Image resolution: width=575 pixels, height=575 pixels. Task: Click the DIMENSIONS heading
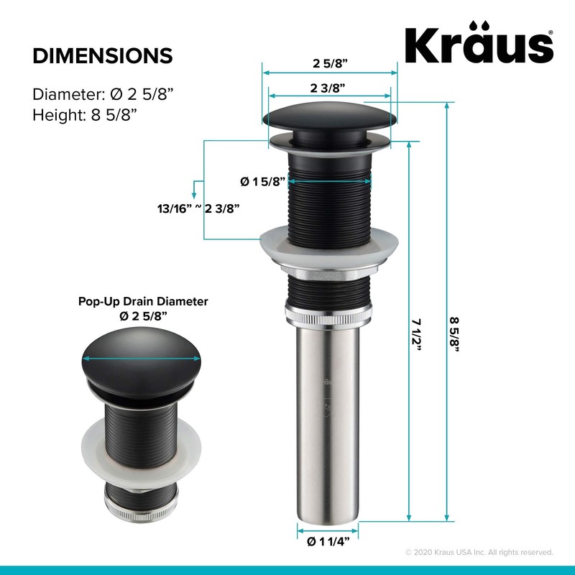pos(102,56)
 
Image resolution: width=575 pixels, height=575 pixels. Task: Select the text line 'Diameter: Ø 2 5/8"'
pos(103,94)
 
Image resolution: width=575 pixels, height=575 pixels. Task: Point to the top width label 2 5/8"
pos(329,63)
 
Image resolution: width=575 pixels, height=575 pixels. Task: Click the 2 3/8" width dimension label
pos(329,88)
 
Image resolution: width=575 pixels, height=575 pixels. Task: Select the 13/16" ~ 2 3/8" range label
pos(198,209)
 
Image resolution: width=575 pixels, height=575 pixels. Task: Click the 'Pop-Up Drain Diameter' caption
pos(142,303)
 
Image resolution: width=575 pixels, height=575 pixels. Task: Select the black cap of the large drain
pos(329,116)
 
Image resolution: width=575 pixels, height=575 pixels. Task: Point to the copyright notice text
pos(479,552)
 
